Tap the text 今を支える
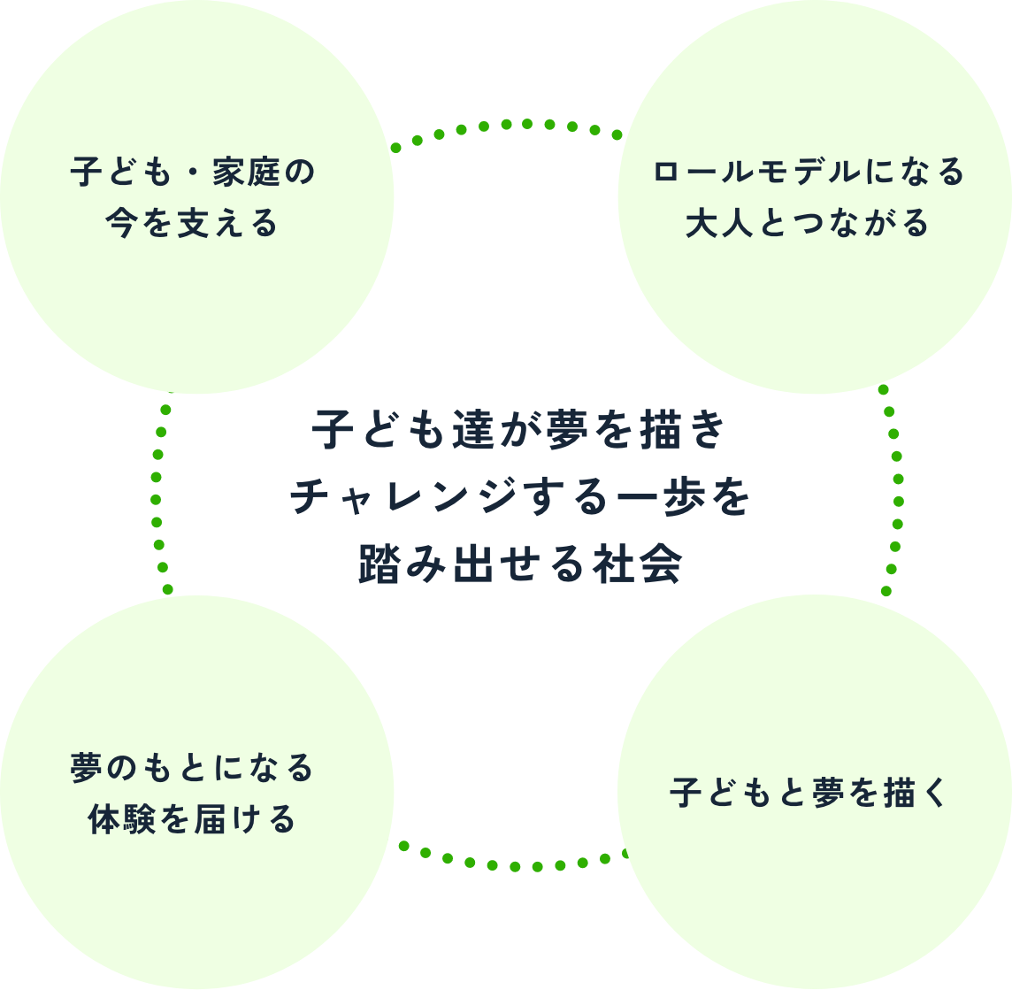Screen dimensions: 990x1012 pos(193,225)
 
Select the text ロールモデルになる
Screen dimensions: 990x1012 pos(808,173)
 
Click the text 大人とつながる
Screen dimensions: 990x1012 pos(808,224)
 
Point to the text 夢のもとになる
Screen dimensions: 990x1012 pos(193,768)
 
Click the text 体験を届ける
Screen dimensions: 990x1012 pos(193,819)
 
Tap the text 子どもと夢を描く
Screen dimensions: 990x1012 pos(808,794)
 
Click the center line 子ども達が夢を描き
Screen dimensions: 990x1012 pos(519,434)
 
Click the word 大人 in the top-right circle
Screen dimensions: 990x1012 pos(713,224)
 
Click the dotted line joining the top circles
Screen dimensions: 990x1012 pos(505,125)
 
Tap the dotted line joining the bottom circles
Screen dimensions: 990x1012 pos(513,863)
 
